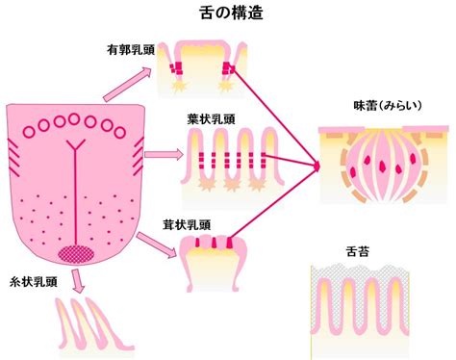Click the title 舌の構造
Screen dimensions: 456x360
231,13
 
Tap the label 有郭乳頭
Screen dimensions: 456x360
131,50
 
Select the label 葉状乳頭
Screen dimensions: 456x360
211,119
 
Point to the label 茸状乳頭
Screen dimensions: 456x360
187,225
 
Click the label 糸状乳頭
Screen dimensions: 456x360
34,282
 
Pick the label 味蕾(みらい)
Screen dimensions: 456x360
388,106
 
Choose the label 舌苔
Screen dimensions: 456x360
358,251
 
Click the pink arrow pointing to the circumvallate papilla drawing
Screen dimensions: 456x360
128,84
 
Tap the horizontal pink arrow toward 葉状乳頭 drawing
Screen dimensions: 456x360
164,155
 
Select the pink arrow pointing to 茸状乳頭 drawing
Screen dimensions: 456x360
157,244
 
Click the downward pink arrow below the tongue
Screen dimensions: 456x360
78,281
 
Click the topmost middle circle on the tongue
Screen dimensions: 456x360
74,119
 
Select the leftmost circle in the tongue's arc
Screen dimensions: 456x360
29,132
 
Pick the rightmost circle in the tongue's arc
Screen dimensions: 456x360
119,132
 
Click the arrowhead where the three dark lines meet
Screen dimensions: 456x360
317,167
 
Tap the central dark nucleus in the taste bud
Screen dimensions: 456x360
383,166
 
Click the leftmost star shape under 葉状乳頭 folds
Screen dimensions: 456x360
207,185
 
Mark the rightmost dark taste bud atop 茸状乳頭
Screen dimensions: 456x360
229,243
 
